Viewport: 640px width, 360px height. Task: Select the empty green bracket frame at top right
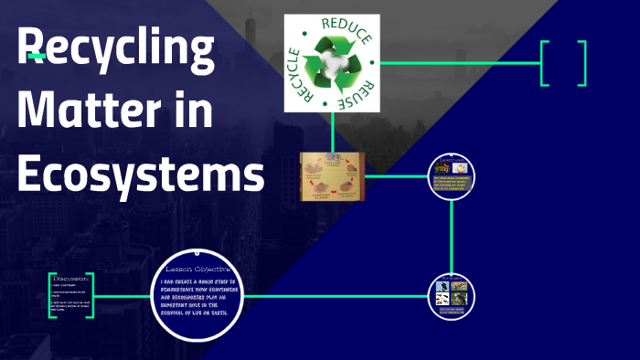pyautogui.click(x=563, y=63)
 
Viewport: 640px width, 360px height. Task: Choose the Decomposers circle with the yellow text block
pyautogui.click(x=453, y=176)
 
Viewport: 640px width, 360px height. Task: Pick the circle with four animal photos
pyautogui.click(x=453, y=295)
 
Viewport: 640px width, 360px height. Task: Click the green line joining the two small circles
pyautogui.click(x=453, y=236)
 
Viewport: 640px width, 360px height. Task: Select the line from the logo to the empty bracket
pyautogui.click(x=462, y=63)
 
